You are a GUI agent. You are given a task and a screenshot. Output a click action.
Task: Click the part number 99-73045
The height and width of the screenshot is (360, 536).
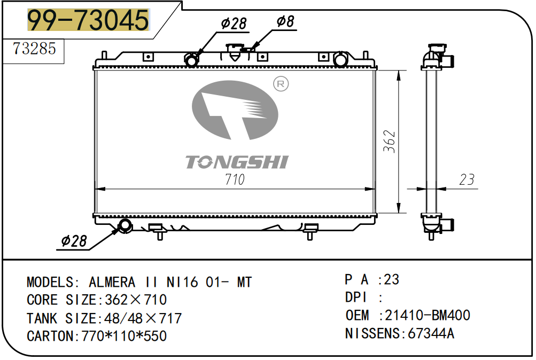88,20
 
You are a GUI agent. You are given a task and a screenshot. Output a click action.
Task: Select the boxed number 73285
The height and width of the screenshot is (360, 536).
34,49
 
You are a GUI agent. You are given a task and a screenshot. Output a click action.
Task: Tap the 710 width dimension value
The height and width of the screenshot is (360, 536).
235,179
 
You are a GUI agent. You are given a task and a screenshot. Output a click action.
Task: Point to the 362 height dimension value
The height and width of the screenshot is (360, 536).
389,142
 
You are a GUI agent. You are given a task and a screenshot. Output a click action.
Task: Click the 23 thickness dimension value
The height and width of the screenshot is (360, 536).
467,179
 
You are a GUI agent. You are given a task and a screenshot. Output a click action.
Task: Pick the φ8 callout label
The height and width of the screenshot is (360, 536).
285,21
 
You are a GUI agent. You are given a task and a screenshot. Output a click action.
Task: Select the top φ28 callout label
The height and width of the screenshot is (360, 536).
234,24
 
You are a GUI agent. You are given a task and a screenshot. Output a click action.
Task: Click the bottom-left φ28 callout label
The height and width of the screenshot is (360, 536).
74,241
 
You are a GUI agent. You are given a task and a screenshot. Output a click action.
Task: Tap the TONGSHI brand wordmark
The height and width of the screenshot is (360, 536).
237,162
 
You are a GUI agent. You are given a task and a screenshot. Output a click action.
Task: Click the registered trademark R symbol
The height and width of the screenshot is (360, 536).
281,84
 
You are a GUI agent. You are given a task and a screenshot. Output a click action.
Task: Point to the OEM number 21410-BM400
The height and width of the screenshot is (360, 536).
428,315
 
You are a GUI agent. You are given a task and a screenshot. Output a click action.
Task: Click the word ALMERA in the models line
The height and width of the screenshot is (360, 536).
112,283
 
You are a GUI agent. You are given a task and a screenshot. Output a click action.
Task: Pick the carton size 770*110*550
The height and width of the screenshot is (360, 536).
124,336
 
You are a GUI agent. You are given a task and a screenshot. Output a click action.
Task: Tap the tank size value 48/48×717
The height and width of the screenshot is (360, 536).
143,318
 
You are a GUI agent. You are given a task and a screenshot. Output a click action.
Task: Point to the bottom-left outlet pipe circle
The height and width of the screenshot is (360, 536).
125,226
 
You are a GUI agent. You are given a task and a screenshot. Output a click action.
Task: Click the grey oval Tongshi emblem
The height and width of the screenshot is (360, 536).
235,110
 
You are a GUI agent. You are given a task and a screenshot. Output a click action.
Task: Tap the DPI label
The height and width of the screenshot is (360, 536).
356,298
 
